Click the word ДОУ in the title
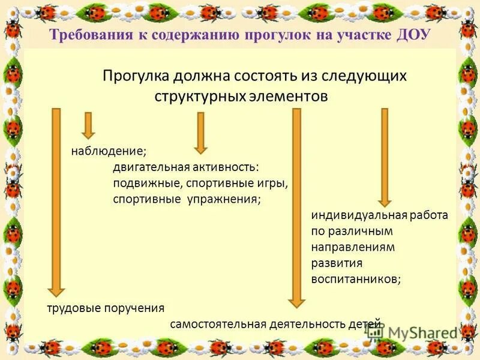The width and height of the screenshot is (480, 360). coord(414,35)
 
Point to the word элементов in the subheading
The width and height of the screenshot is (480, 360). coord(288,97)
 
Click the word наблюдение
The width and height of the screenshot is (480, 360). coord(108,150)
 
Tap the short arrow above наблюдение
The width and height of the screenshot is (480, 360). coord(88,125)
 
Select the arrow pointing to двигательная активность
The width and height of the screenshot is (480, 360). coord(200,132)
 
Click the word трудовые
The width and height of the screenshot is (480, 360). coord(67,309)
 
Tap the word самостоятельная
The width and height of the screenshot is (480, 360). coord(218,325)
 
